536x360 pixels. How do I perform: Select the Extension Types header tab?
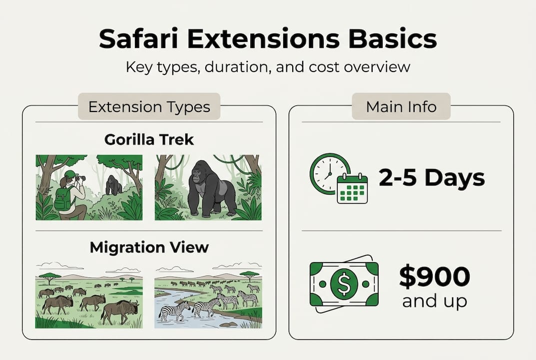pyautogui.click(x=149, y=106)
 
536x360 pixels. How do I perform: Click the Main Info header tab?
pyautogui.click(x=401, y=106)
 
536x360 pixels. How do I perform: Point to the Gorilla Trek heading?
pyautogui.click(x=149, y=139)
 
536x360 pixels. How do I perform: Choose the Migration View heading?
pyautogui.click(x=149, y=247)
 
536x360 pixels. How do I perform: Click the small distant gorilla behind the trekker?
pyautogui.click(x=114, y=185)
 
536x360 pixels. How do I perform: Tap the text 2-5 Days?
pyautogui.click(x=432, y=178)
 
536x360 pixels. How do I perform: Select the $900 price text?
pyautogui.click(x=435, y=278)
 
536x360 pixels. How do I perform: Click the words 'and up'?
pyautogui.click(x=435, y=301)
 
